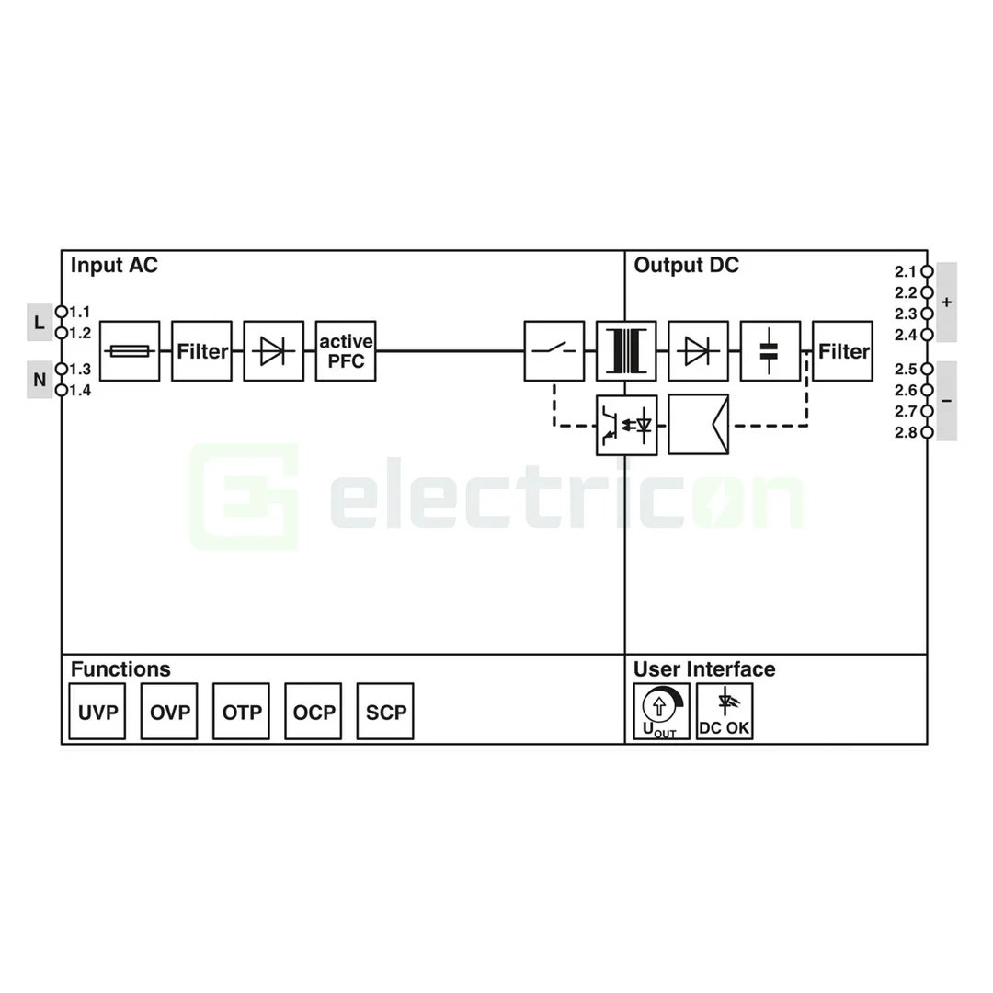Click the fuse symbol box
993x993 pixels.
(129, 350)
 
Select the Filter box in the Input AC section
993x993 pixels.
(201, 350)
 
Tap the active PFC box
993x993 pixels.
(346, 350)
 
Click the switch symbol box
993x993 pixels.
(554, 350)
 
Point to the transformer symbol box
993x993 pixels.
(626, 350)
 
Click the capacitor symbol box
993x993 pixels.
(770, 350)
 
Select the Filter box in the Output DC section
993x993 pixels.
(842, 350)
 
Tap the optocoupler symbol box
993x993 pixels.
(626, 425)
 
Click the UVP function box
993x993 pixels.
(97, 711)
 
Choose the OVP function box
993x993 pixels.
(169, 711)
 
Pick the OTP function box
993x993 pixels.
(241, 711)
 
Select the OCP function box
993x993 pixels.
(314, 711)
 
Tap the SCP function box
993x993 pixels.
(385, 711)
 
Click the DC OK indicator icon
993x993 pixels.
(725, 711)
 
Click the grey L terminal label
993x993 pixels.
(39, 323)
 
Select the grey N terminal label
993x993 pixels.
(39, 380)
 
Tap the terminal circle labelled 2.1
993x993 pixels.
(927, 271)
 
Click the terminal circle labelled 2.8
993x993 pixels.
(927, 432)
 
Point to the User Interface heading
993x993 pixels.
(704, 669)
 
